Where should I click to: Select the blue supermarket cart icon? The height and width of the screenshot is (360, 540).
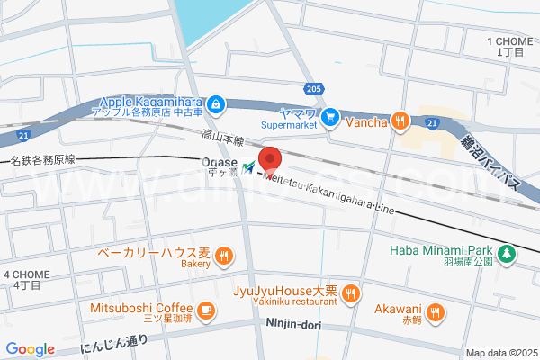pos(330,115)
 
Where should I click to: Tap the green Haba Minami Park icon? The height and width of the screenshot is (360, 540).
pos(508,253)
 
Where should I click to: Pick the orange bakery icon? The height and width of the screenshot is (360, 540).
pos(223,256)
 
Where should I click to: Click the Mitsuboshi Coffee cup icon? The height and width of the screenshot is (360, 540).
pos(206,310)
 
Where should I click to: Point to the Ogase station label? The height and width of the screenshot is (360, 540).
pos(217,163)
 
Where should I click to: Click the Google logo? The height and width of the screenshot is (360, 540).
pos(30,349)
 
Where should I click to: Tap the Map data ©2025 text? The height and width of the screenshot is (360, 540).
pos(500,353)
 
